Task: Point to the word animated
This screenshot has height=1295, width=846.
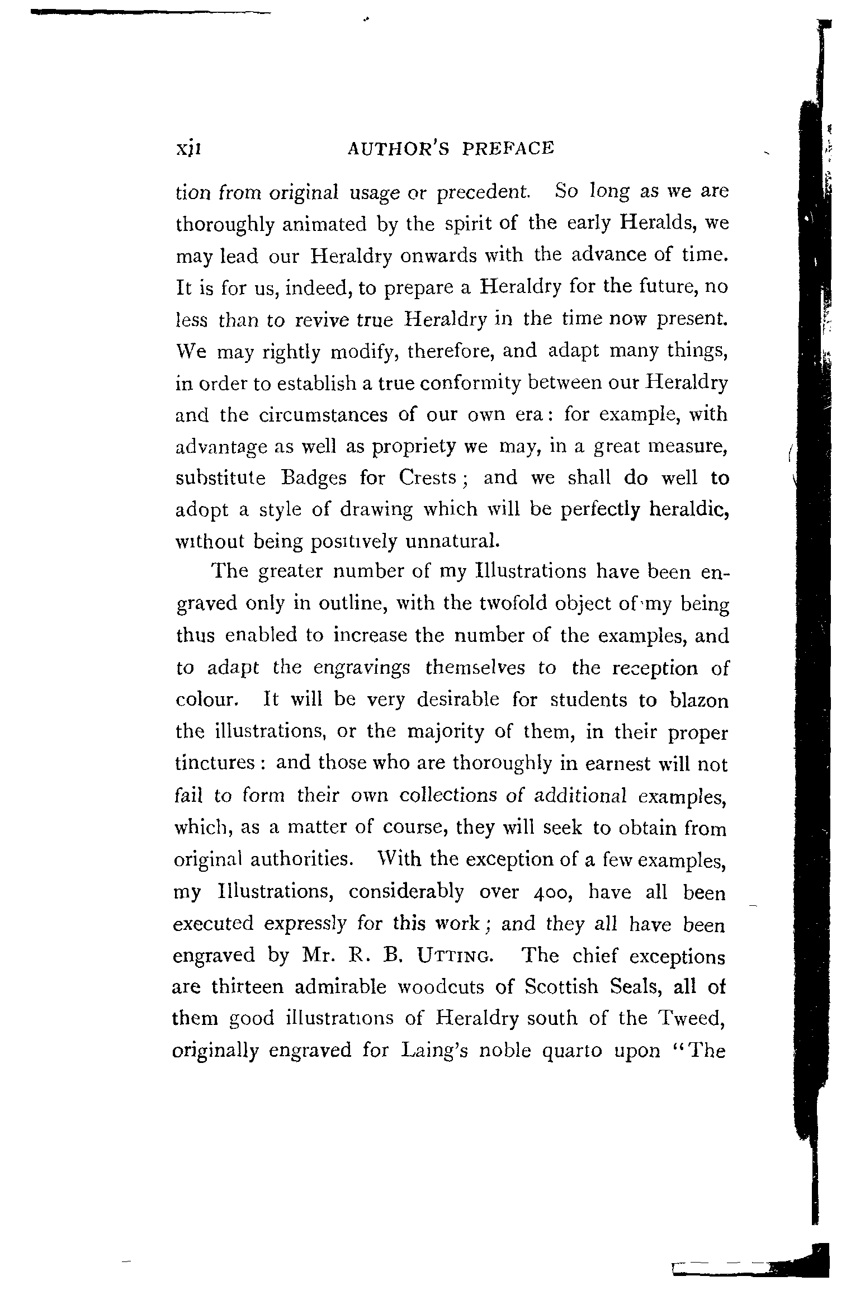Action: [x=313, y=224]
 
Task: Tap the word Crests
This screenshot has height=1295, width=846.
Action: [x=429, y=478]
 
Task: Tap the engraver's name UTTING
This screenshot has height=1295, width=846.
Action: [x=455, y=957]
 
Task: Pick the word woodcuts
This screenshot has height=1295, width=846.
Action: [x=441, y=987]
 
